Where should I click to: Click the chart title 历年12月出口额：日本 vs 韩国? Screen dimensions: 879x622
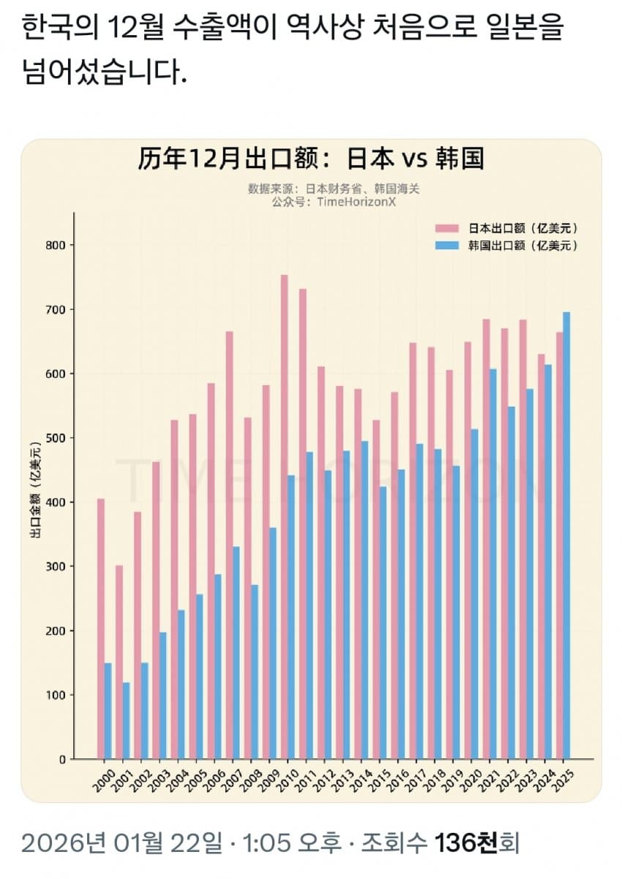click(310, 159)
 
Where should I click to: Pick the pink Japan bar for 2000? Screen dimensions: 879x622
click(101, 629)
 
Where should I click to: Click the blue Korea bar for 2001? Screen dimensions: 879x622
click(126, 720)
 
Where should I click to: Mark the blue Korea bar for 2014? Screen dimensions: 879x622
click(364, 600)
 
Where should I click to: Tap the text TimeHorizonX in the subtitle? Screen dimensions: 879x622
click(354, 202)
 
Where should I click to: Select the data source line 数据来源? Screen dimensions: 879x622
click(334, 189)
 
